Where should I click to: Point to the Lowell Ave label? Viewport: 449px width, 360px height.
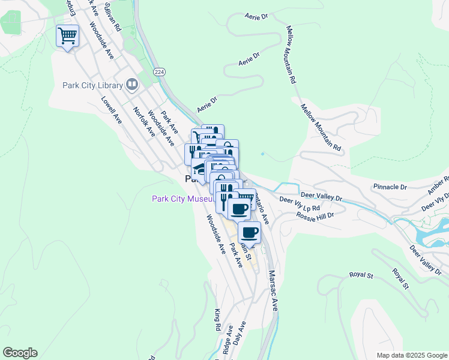pos(112,111)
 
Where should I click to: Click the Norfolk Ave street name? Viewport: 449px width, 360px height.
pos(144,122)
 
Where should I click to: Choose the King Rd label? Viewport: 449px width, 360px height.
pos(217,320)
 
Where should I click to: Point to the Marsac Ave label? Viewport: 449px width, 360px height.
pos(273,290)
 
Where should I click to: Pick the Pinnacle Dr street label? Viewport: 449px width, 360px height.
pos(390,187)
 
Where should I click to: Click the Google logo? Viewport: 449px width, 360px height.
pos(20,353)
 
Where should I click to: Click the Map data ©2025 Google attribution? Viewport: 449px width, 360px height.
pos(411,355)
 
